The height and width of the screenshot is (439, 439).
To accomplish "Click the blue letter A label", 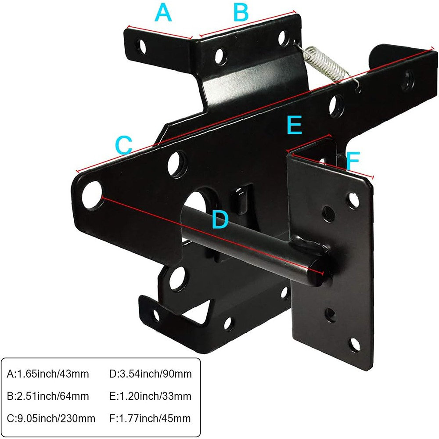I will click(x=163, y=13).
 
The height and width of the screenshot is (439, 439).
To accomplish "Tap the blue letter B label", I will click(x=241, y=13).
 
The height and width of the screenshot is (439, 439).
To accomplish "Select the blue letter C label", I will click(x=123, y=145).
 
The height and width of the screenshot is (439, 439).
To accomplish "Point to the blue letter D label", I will click(x=220, y=219).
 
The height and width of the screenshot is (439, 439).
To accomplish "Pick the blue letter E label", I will click(x=294, y=126).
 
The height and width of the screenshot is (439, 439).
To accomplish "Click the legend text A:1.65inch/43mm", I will click(x=48, y=374).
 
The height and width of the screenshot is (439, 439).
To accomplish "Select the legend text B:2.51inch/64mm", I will click(x=48, y=396).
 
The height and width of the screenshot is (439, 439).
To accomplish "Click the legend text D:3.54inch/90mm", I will click(x=151, y=374).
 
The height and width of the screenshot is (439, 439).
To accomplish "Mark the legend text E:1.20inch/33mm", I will click(x=151, y=396).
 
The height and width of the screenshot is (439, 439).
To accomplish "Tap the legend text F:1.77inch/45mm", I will click(x=151, y=418).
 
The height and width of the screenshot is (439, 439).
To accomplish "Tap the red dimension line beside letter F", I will click(x=332, y=166).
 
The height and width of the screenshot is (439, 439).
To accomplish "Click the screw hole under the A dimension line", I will click(x=141, y=45).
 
